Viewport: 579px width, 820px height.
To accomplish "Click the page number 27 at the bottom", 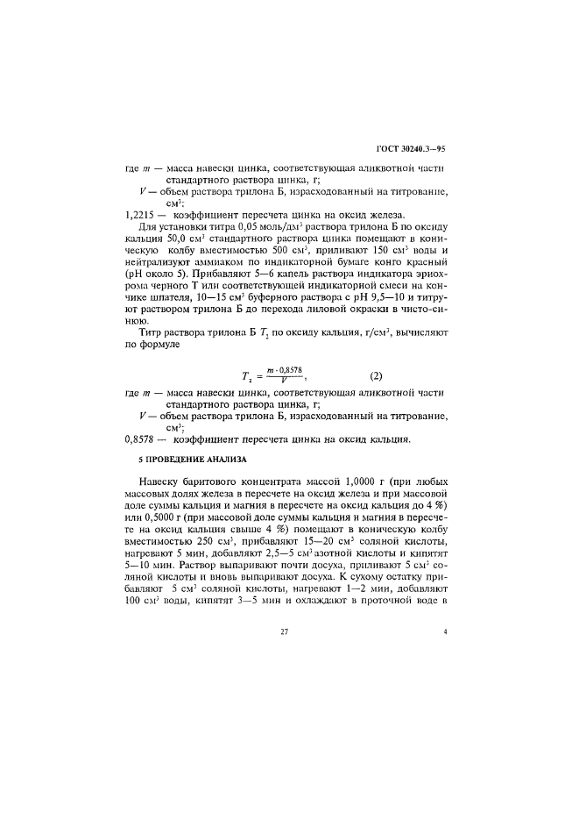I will point(285,656).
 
